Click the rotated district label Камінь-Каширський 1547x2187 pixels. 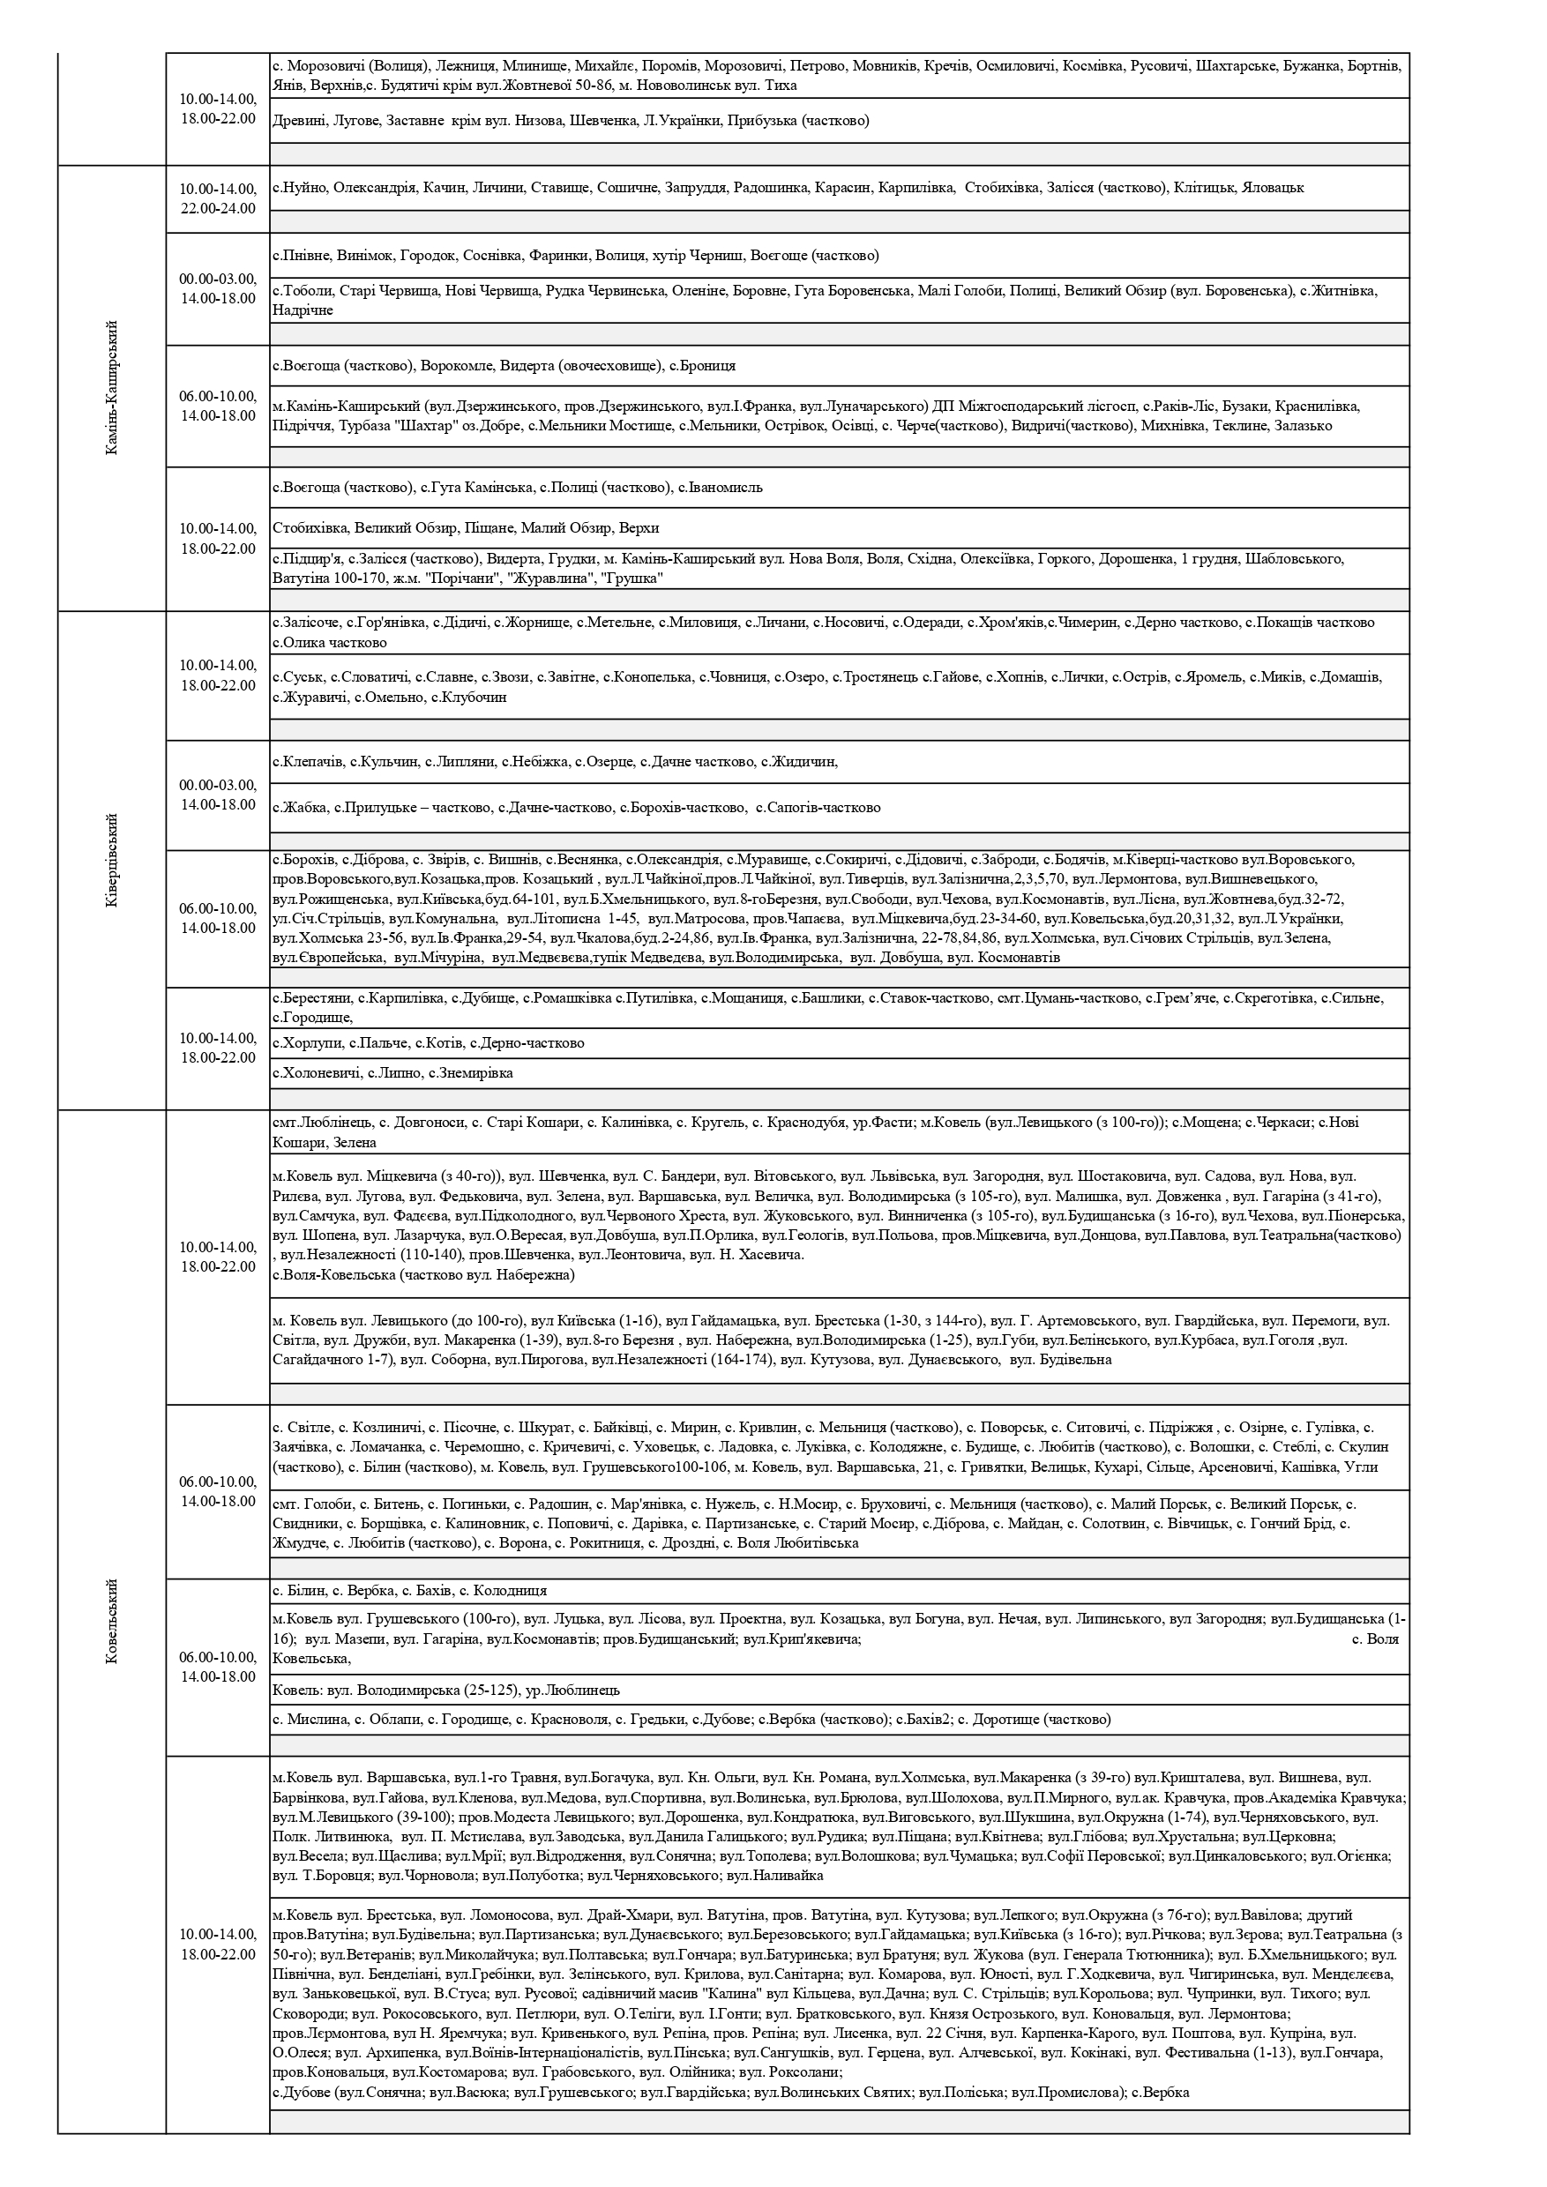(111, 388)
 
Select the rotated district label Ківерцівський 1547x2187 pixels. (111, 860)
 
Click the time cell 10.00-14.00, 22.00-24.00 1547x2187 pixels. (218, 199)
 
